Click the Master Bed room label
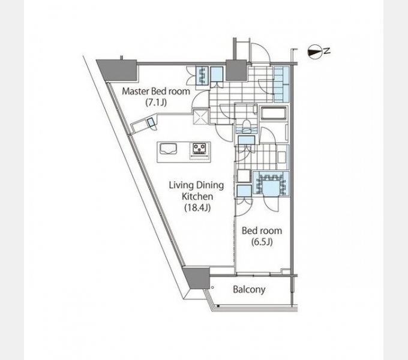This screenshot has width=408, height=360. click(x=156, y=91)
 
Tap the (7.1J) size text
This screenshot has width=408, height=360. click(x=156, y=103)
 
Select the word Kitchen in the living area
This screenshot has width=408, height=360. click(x=197, y=196)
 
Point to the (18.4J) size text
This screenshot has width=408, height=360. click(x=197, y=208)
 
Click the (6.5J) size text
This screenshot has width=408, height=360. click(x=262, y=242)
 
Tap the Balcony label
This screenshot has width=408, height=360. click(x=249, y=290)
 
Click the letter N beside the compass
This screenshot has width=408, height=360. click(x=327, y=51)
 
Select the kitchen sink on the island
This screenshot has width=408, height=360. click(x=168, y=149)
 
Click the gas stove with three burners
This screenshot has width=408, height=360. click(x=200, y=149)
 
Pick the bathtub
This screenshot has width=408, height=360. click(x=274, y=113)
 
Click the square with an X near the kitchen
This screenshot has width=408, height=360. click(x=201, y=117)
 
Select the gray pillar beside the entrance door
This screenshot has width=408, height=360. click(x=236, y=70)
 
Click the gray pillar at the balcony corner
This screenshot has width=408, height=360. click(x=196, y=277)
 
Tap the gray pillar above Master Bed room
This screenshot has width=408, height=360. click(x=118, y=70)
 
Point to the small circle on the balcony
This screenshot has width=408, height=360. click(x=212, y=287)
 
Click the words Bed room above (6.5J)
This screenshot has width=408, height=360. click(x=262, y=231)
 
